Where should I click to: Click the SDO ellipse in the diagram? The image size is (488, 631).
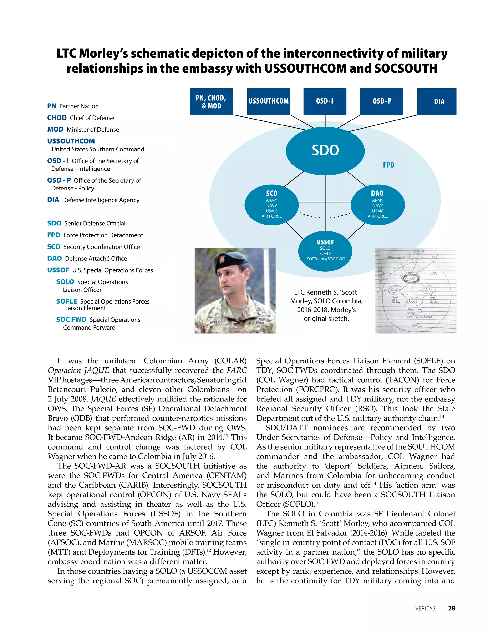tap(325, 150)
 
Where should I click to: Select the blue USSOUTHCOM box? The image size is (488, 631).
tap(269, 101)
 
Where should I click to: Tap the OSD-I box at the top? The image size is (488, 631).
tap(325, 101)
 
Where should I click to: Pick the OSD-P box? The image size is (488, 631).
tap(381, 101)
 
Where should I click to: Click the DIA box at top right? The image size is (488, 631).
tap(437, 101)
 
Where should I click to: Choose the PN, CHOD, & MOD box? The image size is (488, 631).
tap(211, 101)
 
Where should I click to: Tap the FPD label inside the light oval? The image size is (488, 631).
tap(389, 165)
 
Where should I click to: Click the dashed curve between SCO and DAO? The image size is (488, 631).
tap(325, 217)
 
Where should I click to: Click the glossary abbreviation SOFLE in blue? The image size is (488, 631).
tap(66, 301)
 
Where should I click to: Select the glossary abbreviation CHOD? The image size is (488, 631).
tap(57, 118)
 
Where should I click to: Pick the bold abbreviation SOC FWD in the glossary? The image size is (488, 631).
tap(71, 320)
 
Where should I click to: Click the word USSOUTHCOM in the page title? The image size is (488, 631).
tap(305, 69)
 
